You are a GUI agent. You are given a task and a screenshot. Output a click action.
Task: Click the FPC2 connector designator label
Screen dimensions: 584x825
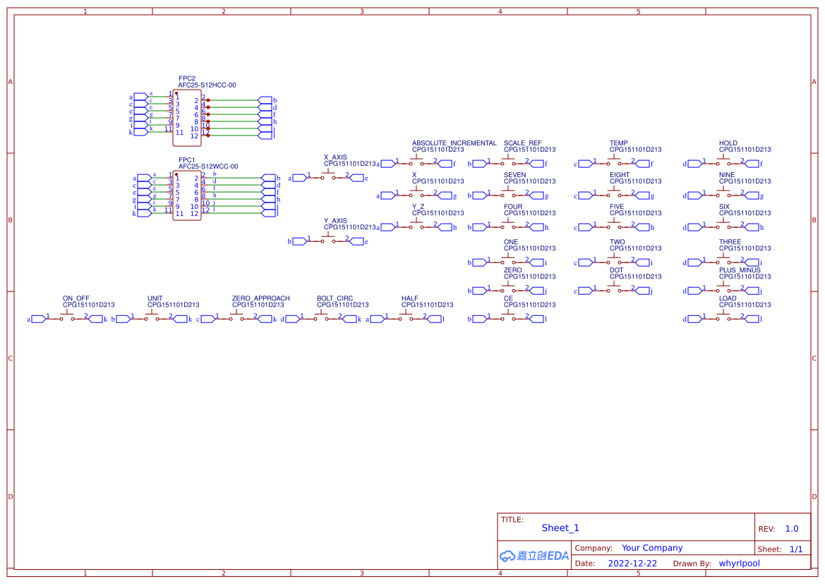click(187, 78)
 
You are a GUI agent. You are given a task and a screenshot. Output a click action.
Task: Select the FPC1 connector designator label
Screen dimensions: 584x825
click(187, 160)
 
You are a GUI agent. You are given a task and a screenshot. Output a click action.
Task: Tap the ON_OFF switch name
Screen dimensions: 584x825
click(76, 298)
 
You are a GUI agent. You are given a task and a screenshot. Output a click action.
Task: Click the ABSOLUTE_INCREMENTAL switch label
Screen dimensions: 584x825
click(454, 143)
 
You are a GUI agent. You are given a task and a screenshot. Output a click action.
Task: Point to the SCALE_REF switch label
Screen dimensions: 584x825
click(522, 143)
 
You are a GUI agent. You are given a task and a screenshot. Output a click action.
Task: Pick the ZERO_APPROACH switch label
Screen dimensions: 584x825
click(260, 298)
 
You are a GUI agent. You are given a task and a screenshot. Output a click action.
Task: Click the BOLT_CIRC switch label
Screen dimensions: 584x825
click(335, 298)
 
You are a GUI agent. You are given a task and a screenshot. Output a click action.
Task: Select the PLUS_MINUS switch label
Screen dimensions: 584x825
click(740, 270)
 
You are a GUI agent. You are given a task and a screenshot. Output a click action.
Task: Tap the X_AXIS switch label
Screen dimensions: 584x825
click(335, 157)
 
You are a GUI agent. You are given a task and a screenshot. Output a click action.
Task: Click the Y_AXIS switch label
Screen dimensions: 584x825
click(335, 221)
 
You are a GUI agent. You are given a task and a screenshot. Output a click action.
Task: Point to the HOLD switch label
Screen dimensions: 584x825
click(728, 143)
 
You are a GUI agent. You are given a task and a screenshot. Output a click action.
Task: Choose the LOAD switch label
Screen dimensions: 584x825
click(728, 298)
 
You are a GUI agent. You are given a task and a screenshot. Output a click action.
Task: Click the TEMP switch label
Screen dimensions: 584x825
click(618, 143)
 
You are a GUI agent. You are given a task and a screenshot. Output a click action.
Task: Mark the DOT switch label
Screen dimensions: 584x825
click(616, 270)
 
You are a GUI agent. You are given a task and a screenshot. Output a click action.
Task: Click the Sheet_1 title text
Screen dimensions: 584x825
click(560, 528)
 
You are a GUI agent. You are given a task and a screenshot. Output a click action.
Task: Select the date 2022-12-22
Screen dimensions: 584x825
click(632, 564)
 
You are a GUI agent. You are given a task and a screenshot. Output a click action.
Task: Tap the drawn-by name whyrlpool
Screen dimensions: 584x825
click(739, 564)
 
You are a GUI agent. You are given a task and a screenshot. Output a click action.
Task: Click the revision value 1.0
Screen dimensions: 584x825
click(791, 529)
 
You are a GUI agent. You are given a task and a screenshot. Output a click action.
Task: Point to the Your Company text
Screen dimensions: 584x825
click(651, 548)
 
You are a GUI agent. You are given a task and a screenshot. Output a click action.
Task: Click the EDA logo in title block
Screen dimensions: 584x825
click(534, 556)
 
